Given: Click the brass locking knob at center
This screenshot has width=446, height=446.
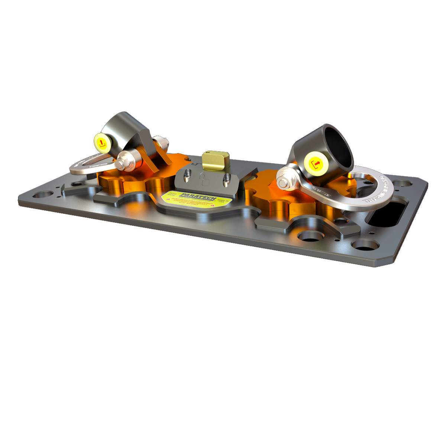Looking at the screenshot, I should pos(215,159).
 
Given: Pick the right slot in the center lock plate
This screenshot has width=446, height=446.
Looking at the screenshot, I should pos(225,180).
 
